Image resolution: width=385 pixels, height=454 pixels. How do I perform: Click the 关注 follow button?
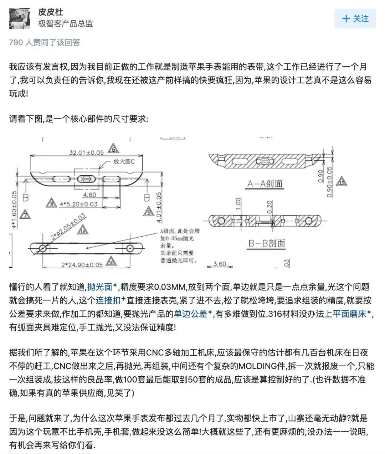(x=355, y=19)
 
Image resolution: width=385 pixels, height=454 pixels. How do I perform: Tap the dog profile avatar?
(x=19, y=19)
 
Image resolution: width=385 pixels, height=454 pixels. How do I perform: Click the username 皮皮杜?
(x=51, y=12)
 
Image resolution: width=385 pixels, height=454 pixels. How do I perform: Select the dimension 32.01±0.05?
(x=86, y=153)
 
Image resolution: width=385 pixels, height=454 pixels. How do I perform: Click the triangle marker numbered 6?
(x=113, y=149)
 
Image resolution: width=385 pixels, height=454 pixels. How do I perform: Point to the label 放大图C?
(x=124, y=161)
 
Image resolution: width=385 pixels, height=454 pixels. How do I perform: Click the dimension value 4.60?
(x=89, y=195)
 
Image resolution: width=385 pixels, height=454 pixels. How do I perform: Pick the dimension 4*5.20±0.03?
(x=78, y=204)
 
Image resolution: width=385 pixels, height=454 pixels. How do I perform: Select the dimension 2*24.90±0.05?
(x=82, y=265)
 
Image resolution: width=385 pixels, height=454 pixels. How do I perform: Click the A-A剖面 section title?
(x=265, y=184)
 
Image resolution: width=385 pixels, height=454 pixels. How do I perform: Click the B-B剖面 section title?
(x=267, y=243)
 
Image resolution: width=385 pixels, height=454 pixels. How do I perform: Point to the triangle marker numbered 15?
(x=341, y=182)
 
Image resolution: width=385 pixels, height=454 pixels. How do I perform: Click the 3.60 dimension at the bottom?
(x=220, y=264)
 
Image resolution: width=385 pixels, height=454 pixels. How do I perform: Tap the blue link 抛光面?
(x=100, y=287)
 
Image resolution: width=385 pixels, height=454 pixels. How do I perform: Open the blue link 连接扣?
(x=108, y=300)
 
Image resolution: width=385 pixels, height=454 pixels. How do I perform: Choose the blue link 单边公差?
(x=190, y=314)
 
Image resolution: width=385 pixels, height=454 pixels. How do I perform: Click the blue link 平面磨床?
(x=349, y=314)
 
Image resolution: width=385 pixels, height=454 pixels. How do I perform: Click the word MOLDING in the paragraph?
(x=258, y=366)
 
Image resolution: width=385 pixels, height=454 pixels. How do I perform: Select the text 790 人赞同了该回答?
(x=45, y=42)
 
